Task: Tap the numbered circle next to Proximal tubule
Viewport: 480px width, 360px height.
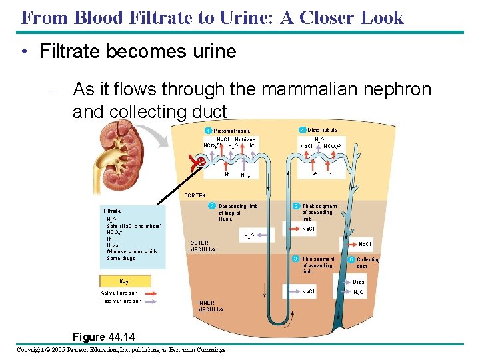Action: [x=208, y=130]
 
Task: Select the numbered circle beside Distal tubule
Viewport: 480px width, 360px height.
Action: [x=302, y=130]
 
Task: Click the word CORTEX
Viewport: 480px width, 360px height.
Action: [x=195, y=195]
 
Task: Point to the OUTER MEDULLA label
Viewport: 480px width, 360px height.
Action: [x=199, y=246]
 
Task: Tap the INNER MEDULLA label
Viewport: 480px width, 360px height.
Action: [x=210, y=306]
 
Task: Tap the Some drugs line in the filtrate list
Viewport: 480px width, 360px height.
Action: [x=121, y=258]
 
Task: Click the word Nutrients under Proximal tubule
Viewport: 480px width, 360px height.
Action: [x=245, y=139]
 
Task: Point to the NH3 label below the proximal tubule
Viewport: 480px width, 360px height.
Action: [x=245, y=175]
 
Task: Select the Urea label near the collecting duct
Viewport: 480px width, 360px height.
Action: [x=359, y=283]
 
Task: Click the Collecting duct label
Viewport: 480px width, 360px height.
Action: [x=367, y=263]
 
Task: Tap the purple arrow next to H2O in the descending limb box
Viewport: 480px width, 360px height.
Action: [x=263, y=235]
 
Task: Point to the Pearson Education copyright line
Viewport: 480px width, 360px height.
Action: [x=121, y=349]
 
